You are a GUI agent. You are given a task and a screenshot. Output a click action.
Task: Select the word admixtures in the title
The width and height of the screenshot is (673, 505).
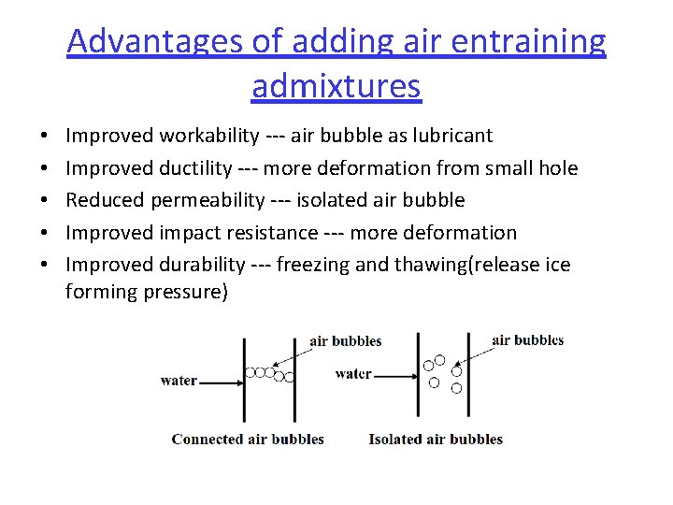(336, 86)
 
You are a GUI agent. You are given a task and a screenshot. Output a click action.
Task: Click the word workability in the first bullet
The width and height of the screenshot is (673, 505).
(209, 136)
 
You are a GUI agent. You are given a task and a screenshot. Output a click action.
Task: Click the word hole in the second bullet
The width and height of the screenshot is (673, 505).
(558, 168)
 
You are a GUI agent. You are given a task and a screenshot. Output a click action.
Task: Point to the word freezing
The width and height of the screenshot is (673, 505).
(313, 265)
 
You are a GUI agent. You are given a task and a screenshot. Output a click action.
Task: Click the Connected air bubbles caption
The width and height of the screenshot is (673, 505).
(248, 439)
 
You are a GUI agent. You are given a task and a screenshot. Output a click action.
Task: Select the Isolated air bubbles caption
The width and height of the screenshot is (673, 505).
(436, 439)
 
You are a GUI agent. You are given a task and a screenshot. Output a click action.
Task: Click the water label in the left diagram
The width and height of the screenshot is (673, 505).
(179, 381)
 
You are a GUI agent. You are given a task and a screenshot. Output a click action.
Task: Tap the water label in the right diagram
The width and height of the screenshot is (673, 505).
(353, 374)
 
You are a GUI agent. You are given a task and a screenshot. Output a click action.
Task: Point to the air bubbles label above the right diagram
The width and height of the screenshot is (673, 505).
(528, 340)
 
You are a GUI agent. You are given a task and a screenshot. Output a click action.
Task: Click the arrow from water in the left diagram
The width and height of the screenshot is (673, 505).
(221, 382)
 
